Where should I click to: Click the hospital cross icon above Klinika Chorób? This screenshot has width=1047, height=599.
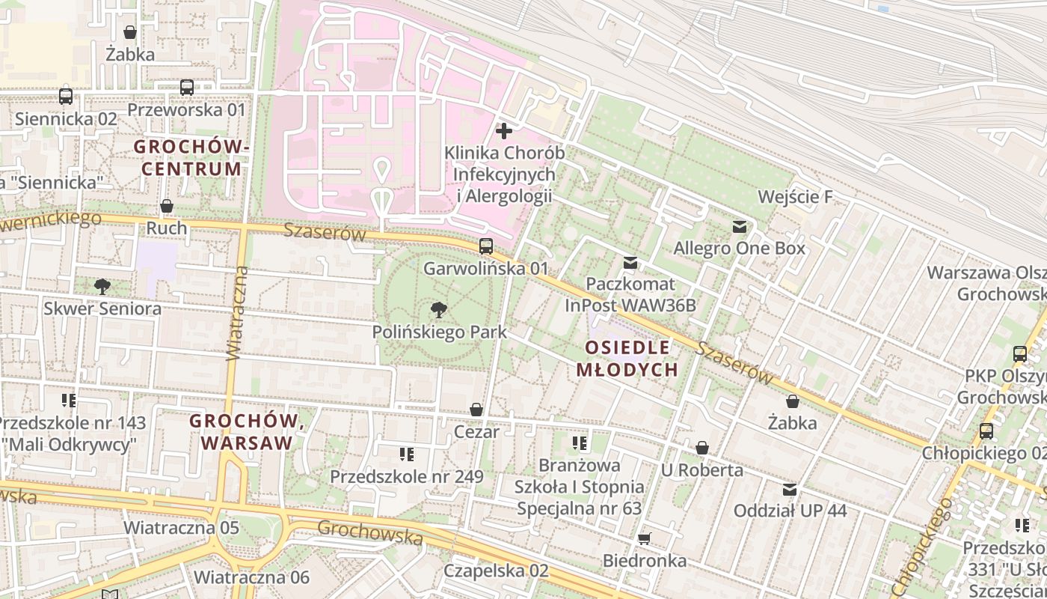pyautogui.click(x=504, y=131)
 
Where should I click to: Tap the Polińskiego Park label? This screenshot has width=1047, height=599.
pyautogui.click(x=440, y=332)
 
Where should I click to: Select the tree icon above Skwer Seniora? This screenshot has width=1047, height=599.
pyautogui.click(x=102, y=286)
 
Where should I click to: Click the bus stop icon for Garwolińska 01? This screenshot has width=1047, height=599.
pyautogui.click(x=486, y=246)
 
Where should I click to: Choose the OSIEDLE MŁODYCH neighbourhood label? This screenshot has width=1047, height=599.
pyautogui.click(x=627, y=358)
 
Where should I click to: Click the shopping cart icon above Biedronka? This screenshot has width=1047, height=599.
pyautogui.click(x=645, y=538)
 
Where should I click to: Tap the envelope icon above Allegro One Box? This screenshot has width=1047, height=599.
pyautogui.click(x=740, y=226)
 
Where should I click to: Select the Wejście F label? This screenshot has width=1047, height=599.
pyautogui.click(x=795, y=197)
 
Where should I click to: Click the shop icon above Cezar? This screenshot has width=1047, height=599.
pyautogui.click(x=476, y=410)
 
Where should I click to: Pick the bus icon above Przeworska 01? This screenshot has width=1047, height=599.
pyautogui.click(x=187, y=88)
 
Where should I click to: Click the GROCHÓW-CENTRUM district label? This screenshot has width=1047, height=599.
pyautogui.click(x=191, y=157)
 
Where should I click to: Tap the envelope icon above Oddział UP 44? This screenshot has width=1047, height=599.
pyautogui.click(x=790, y=490)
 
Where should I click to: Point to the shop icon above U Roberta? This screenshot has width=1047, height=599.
pyautogui.click(x=702, y=448)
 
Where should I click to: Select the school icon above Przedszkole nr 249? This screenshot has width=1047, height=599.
pyautogui.click(x=407, y=454)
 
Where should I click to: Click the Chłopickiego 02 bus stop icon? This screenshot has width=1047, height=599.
pyautogui.click(x=986, y=431)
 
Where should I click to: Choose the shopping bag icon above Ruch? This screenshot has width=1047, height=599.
pyautogui.click(x=167, y=206)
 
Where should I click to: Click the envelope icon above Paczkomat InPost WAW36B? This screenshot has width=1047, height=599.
pyautogui.click(x=630, y=263)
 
